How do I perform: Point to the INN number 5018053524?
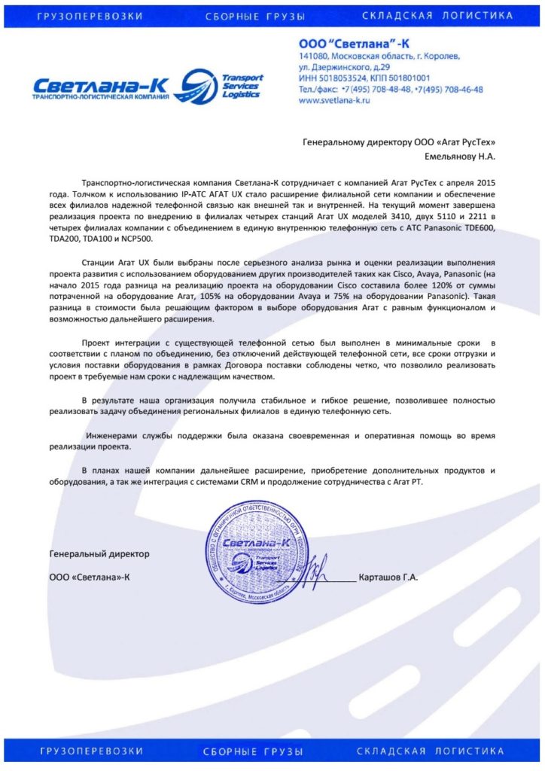(349, 78)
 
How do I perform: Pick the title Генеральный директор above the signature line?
(99, 553)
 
